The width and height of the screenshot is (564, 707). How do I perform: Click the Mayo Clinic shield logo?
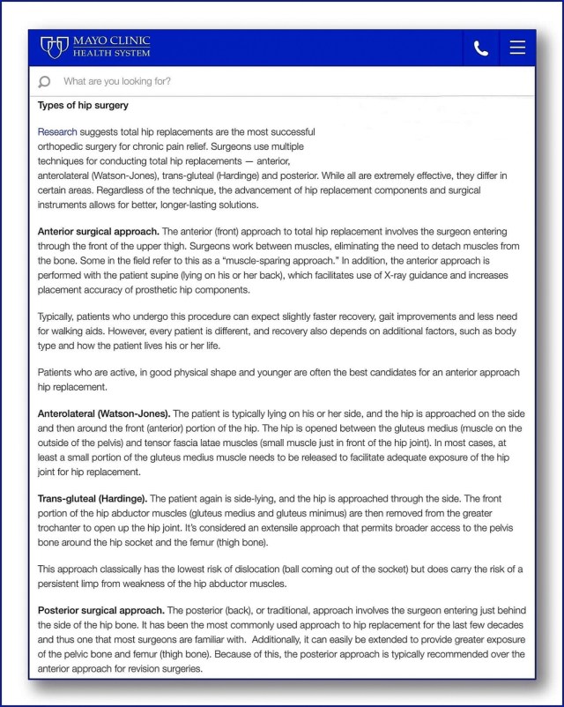click(x=56, y=47)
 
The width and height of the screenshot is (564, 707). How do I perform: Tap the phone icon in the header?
click(x=481, y=48)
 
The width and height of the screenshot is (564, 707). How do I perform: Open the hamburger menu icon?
click(x=517, y=48)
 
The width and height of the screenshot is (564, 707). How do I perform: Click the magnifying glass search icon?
click(x=45, y=82)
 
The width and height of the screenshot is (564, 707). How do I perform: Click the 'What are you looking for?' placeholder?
click(x=117, y=82)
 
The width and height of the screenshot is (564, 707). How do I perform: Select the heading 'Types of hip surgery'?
click(x=83, y=106)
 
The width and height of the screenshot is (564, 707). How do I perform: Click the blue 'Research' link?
click(x=57, y=132)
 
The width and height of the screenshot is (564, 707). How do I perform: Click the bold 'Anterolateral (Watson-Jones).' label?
click(x=105, y=413)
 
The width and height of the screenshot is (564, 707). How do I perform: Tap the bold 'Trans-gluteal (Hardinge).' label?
click(x=93, y=499)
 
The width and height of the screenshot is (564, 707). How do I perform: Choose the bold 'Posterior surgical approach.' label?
click(x=101, y=610)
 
